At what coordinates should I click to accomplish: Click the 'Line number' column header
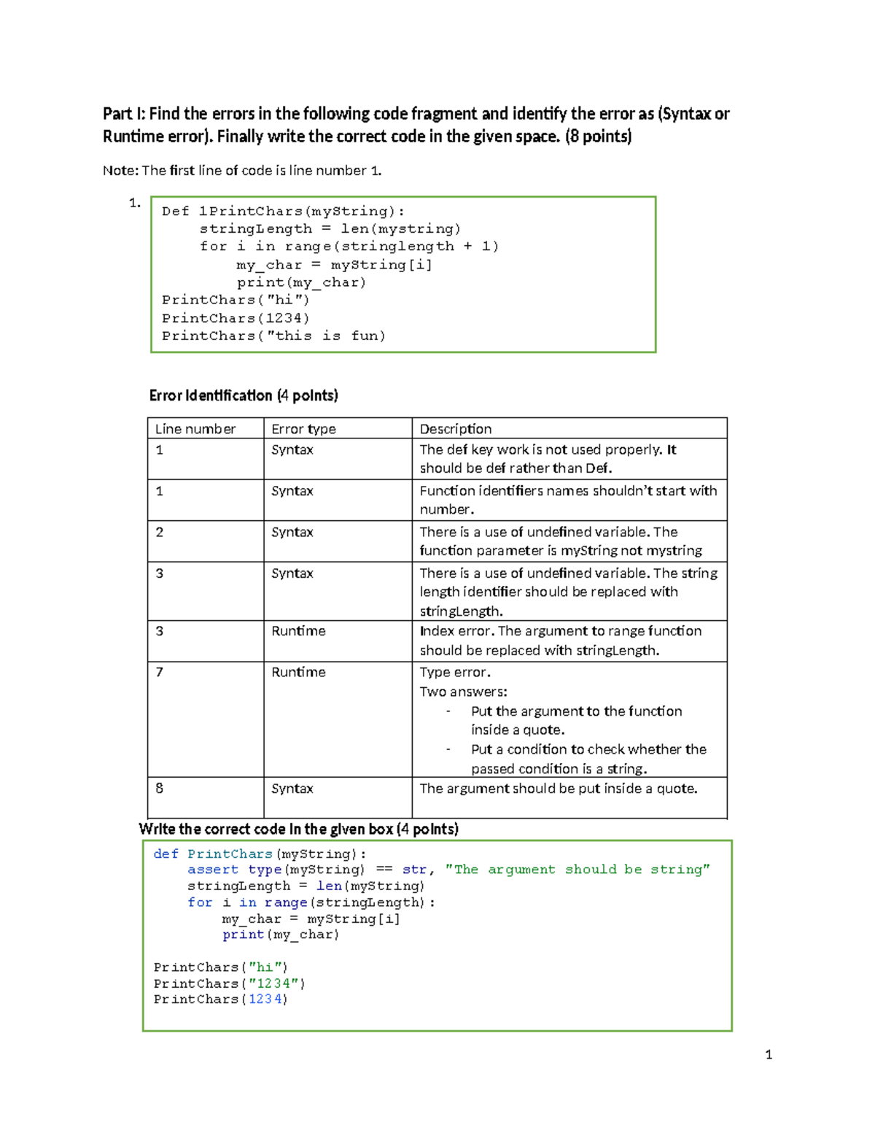(195, 429)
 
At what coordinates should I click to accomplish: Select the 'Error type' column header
(303, 429)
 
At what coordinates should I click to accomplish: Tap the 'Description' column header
(456, 429)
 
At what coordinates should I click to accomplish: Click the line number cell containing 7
(160, 672)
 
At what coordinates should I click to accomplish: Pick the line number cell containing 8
(160, 788)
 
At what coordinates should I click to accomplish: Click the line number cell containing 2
(160, 532)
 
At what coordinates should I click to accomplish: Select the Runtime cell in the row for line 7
(298, 672)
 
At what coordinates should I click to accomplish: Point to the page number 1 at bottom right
(769, 1054)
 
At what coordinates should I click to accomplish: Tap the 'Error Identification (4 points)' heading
(244, 395)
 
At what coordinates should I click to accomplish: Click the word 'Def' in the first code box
(175, 212)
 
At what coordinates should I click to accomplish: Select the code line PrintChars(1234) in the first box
(236, 318)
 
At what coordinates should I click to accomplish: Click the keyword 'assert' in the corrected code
(212, 870)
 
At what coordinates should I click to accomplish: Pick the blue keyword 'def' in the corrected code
(166, 854)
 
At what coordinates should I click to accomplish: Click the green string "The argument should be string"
(577, 870)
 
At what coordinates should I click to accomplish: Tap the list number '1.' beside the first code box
(134, 203)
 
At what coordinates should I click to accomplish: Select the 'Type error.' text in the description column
(455, 672)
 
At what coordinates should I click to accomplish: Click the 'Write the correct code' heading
(298, 830)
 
